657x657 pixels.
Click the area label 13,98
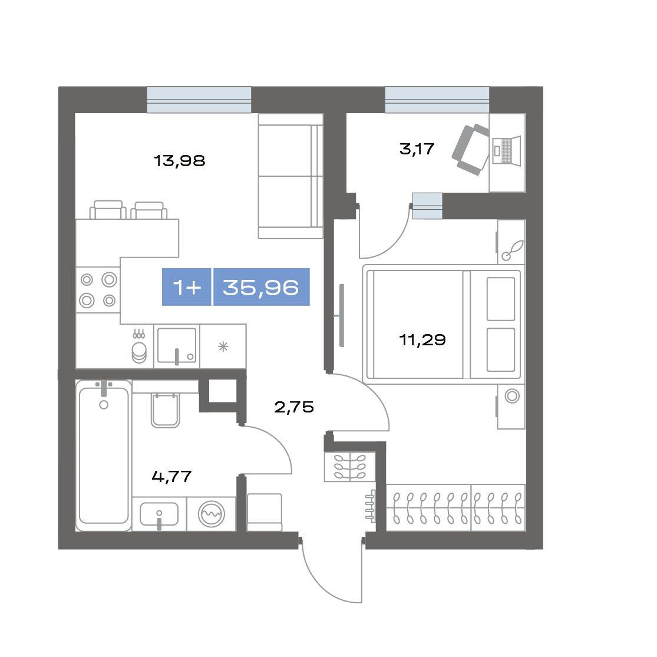[x=179, y=160]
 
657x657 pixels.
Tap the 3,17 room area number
[x=417, y=148]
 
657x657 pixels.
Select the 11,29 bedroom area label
[x=422, y=339]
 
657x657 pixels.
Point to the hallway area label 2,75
[x=294, y=407]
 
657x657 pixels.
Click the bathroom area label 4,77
[x=172, y=477]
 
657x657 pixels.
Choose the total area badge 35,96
[x=262, y=287]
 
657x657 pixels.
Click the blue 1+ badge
[x=186, y=287]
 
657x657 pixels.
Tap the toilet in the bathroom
[x=165, y=410]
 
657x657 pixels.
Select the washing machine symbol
[x=212, y=514]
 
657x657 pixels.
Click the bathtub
[x=104, y=455]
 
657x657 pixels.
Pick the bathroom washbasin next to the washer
[x=159, y=514]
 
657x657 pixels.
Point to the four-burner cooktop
[x=98, y=290]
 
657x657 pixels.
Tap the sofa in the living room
[x=290, y=176]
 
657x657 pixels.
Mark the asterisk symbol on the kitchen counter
[x=223, y=346]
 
